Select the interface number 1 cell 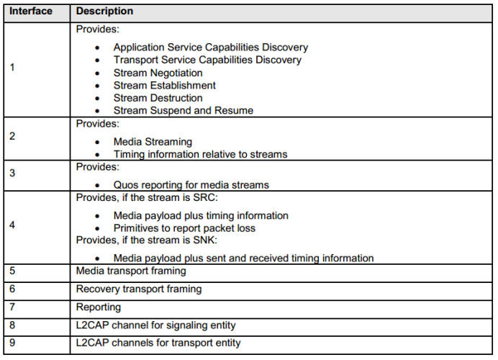coord(13,68)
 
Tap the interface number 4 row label coord(13,224)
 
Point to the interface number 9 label coord(13,343)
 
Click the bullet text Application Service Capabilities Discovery coord(210,47)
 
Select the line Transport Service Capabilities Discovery coord(207,60)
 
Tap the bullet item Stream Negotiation coord(158,73)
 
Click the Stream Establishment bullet coord(164,86)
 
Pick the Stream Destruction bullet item coord(158,98)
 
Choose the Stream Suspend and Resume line coord(184,111)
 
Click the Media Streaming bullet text coord(153,142)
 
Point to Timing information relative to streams coord(200,154)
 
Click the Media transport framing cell coord(130,271)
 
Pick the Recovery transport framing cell coord(138,289)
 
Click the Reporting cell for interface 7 coord(99,307)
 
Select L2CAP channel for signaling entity coord(155,325)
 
